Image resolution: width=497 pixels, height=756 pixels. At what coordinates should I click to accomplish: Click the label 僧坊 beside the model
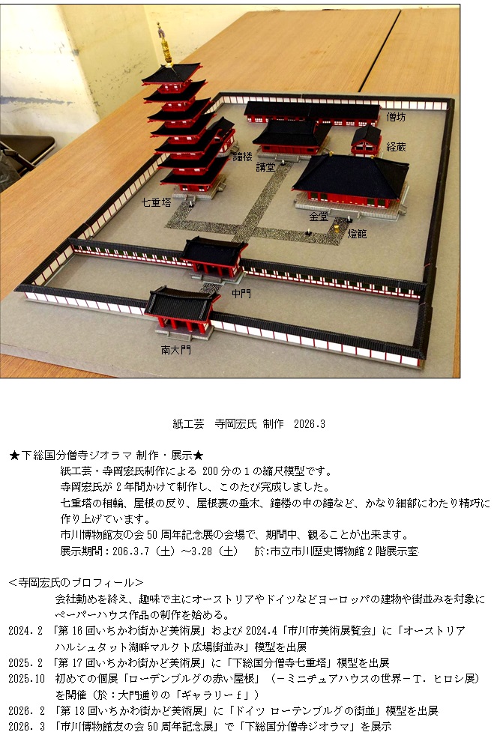click(x=396, y=117)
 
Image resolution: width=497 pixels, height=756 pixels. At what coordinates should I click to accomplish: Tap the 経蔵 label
click(x=396, y=147)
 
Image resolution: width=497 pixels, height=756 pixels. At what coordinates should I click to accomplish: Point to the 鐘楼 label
click(x=242, y=156)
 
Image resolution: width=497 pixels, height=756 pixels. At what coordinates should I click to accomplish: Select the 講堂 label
click(x=265, y=167)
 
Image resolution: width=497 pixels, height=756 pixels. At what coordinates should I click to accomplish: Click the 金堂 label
click(x=319, y=217)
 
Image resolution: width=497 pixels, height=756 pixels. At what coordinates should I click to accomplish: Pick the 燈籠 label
click(x=357, y=234)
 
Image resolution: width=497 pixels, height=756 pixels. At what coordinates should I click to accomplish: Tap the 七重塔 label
click(x=157, y=202)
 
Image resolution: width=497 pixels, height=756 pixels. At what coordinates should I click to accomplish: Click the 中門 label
click(x=241, y=293)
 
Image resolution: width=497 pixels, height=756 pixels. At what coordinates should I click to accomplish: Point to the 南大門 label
click(x=175, y=350)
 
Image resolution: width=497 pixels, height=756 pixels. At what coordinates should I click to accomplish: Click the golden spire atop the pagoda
click(x=166, y=46)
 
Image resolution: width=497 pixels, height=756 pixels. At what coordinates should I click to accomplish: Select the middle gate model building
click(x=214, y=258)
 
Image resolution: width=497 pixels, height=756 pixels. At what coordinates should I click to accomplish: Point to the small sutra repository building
click(x=367, y=140)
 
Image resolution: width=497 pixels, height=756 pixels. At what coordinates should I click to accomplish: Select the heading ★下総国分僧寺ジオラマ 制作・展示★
click(x=106, y=455)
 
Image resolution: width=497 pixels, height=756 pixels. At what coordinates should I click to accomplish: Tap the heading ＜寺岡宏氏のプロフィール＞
click(x=76, y=582)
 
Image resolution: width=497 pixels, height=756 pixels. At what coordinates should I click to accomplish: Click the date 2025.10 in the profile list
click(x=26, y=678)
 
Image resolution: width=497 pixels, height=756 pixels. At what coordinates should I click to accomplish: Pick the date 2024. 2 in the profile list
click(x=25, y=631)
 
